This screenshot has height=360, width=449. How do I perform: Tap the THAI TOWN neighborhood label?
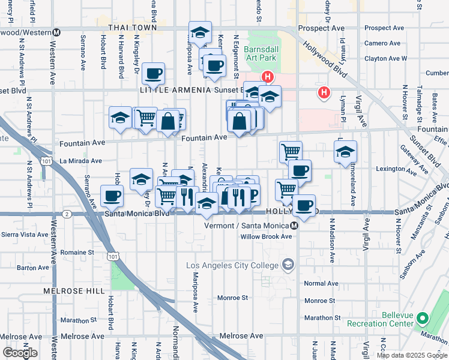132,28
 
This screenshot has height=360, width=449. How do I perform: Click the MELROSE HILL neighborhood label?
66,290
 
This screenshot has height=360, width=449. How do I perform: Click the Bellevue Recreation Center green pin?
422,318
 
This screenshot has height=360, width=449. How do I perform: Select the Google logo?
19,353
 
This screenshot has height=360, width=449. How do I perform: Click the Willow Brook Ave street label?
266,236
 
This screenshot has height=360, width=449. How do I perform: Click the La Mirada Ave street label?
80,161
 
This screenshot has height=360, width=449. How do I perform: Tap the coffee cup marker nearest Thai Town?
154,73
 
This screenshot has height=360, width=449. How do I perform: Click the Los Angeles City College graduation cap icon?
288,265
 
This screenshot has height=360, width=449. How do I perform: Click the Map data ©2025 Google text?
412,355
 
